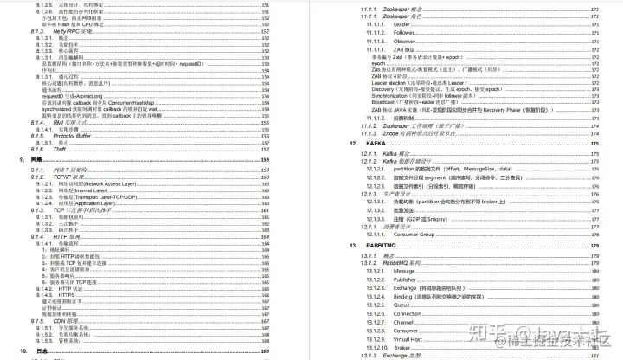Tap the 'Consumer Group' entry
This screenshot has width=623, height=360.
tap(418, 234)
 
